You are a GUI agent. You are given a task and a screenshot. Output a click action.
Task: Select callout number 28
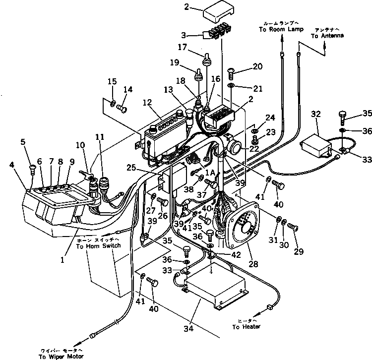(x=253, y=265)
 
